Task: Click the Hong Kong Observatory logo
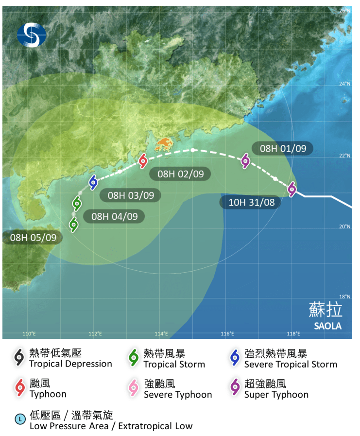(x=32, y=34)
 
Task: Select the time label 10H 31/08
(x=250, y=202)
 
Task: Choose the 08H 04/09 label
(x=114, y=216)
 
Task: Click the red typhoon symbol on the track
(x=143, y=160)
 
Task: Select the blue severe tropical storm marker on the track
(x=93, y=182)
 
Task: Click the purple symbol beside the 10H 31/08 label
(x=291, y=189)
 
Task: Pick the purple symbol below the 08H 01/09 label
(x=245, y=161)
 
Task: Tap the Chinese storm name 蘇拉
(x=326, y=310)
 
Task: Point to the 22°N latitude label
(x=344, y=156)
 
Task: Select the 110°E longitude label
(x=30, y=334)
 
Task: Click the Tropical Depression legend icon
(x=19, y=358)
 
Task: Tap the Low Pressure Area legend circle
(x=20, y=418)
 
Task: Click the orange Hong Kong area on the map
(x=165, y=144)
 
